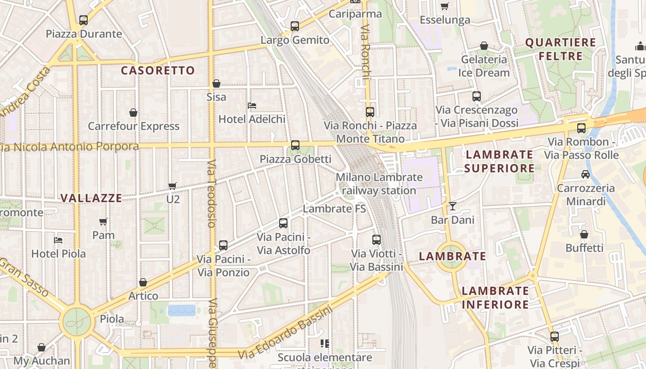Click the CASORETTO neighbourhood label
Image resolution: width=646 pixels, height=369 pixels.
158,71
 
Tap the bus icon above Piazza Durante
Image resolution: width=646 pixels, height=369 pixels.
83,20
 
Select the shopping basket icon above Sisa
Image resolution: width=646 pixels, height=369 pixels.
216,83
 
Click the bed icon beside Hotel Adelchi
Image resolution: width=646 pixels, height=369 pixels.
252,106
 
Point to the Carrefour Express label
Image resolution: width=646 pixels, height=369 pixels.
133,126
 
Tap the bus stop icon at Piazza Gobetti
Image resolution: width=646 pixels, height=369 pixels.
295,145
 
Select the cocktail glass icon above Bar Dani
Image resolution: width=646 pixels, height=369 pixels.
453,206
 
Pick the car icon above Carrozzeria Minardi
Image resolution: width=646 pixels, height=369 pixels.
585,174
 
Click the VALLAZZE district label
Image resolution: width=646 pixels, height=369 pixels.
91,198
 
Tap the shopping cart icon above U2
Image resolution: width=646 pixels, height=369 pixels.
173,186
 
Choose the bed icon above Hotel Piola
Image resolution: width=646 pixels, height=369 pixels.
58,240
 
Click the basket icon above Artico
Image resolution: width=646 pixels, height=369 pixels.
143,282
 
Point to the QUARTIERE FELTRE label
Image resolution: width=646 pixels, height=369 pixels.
561,49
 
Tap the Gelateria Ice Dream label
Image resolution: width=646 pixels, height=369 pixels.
484,66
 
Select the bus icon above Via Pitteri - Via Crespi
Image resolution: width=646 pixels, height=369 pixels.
555,337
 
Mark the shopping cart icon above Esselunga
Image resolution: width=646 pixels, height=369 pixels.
445,6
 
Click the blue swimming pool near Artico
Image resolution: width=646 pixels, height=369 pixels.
182,310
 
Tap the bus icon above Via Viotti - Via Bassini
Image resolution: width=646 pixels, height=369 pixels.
377,240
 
